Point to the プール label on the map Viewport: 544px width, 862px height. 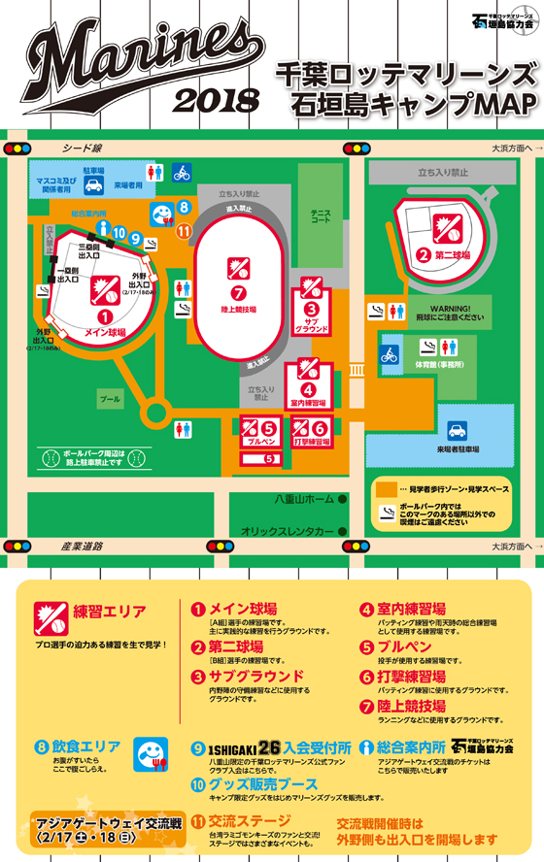pyautogui.click(x=110, y=399)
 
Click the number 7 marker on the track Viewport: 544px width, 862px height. pyautogui.click(x=237, y=292)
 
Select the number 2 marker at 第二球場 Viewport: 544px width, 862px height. pyautogui.click(x=424, y=256)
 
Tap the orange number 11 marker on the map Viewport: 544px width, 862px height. pyautogui.click(x=185, y=230)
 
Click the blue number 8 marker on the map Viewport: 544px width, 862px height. pyautogui.click(x=184, y=207)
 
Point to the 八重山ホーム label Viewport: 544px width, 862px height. pyautogui.click(x=303, y=500)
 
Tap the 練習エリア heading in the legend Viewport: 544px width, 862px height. pyautogui.click(x=110, y=613)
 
